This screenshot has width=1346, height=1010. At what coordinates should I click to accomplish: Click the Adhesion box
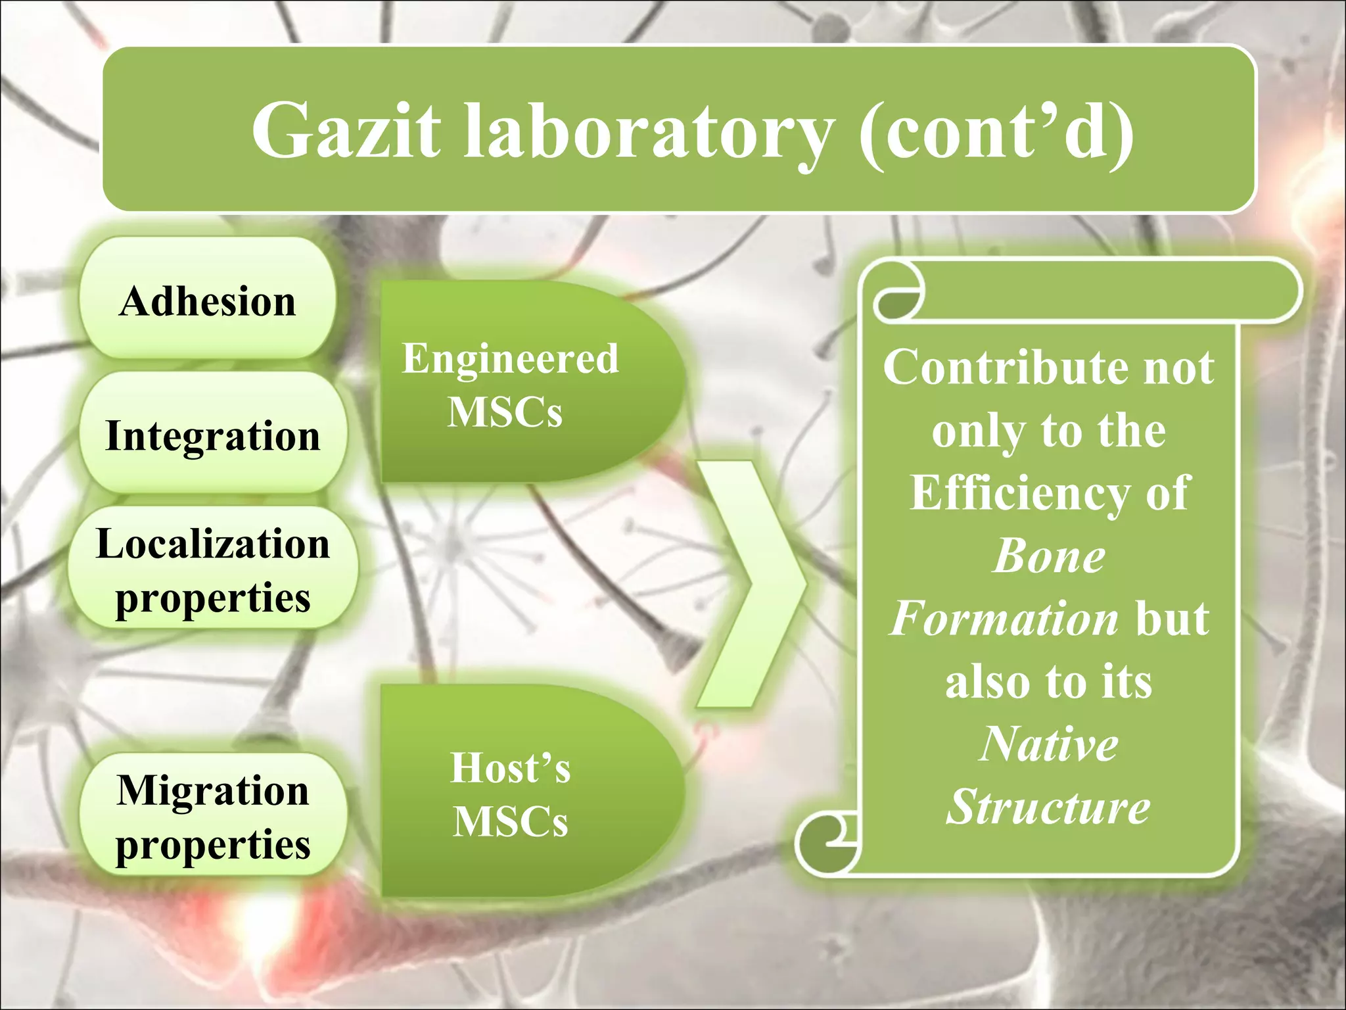pos(208,301)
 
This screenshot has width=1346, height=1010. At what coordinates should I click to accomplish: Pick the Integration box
pos(212,435)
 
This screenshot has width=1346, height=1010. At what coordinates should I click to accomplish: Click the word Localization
pos(212,543)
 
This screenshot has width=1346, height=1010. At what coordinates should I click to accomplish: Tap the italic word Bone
pos(1049,556)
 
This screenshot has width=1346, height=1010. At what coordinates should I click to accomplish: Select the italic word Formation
pos(1003,618)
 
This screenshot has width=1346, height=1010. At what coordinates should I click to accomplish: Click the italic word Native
pos(1049,744)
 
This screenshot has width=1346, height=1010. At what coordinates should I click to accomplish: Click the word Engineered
pos(510,358)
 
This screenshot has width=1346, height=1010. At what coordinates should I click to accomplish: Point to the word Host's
pos(510,767)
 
